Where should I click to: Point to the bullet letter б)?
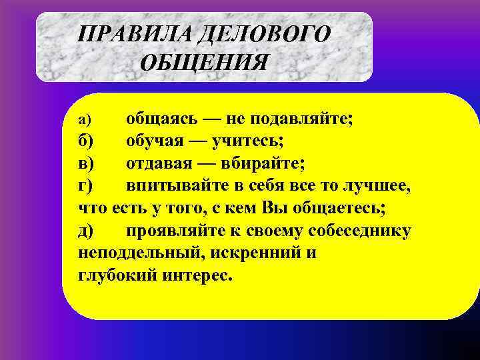coord(87,141)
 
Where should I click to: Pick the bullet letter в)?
coord(87,163)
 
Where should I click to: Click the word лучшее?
coord(373,185)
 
